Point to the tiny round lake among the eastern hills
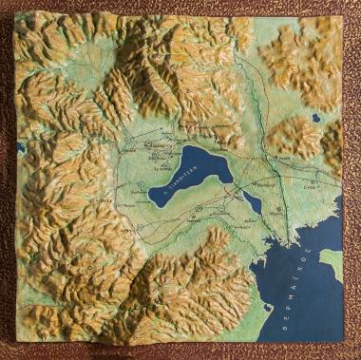(315, 118)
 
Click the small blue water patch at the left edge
(20, 147)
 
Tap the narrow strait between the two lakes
(239, 189)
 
